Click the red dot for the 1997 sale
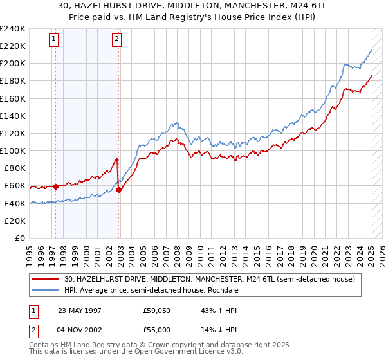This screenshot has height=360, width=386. pyautogui.click(x=55, y=186)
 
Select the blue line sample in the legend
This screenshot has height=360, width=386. pyautogui.click(x=46, y=290)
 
